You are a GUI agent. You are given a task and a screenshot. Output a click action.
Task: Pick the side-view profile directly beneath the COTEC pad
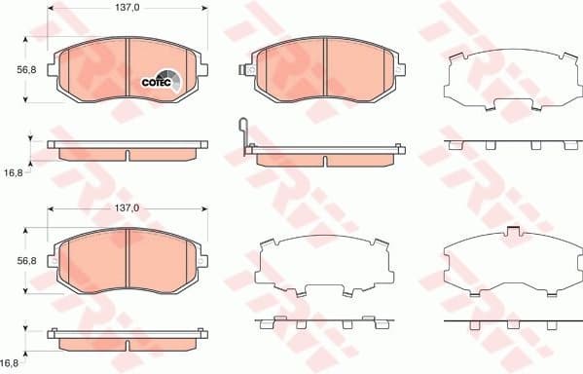coord(128,152)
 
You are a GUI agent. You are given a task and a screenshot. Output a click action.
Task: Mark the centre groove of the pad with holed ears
coord(324,70)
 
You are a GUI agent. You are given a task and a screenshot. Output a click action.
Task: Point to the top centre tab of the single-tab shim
coord(514,230)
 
